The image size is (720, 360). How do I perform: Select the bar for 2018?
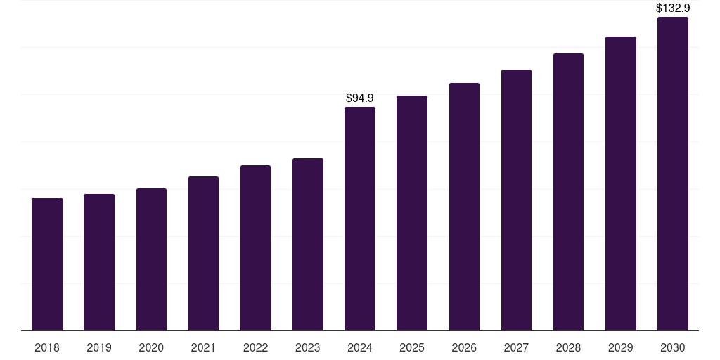47,264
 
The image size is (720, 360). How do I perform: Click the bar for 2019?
99,262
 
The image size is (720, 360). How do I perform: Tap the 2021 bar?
203,253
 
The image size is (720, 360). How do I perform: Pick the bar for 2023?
308,244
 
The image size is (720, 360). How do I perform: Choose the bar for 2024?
360,219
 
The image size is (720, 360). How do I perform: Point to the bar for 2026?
464,207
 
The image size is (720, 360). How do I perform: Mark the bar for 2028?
568,192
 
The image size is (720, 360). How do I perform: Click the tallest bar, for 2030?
673,174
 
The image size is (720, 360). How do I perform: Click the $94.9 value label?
360,98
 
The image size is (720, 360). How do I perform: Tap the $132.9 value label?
673,8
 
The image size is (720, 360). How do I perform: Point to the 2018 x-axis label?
47,347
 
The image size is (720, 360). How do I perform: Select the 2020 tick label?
151,347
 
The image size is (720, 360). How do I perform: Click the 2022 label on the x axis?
255,347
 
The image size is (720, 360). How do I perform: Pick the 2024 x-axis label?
360,347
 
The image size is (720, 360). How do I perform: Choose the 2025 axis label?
412,347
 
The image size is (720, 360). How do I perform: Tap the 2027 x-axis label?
516,347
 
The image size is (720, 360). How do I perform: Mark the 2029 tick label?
620,347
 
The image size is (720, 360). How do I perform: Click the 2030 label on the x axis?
673,347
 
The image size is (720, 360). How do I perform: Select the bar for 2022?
255,248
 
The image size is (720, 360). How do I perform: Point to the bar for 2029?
621,184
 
